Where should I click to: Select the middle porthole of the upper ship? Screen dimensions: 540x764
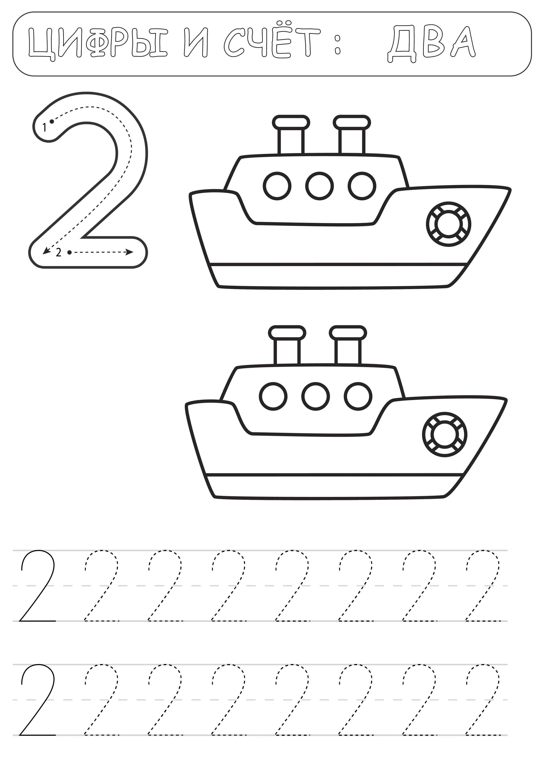click(x=319, y=186)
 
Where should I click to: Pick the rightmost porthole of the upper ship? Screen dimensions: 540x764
click(x=362, y=186)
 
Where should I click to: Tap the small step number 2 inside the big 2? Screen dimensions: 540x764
click(x=59, y=253)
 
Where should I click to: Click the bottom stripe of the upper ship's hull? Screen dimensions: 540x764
click(x=338, y=275)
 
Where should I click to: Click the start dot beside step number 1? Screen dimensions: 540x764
click(x=52, y=122)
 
